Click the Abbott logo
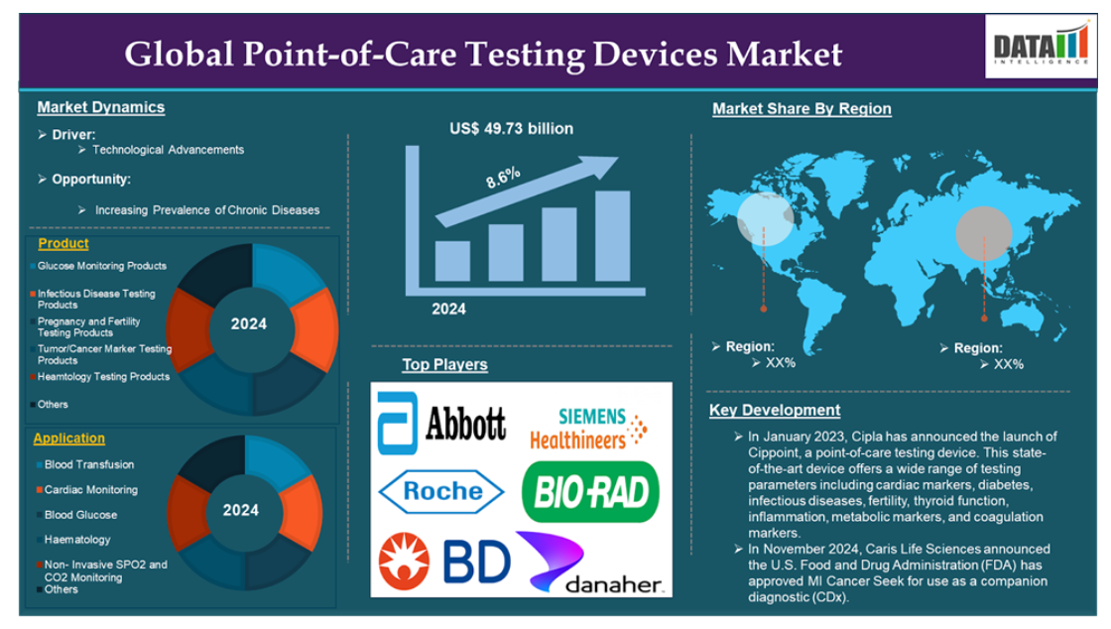[442, 423]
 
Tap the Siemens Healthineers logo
[589, 429]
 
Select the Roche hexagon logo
[441, 491]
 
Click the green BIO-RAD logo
[590, 491]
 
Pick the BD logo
[444, 562]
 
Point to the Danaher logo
[590, 563]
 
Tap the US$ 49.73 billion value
[512, 129]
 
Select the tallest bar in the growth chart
[612, 236]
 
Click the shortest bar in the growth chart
[452, 261]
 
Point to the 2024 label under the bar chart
[449, 309]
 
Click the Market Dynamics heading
[100, 107]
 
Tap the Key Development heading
[775, 410]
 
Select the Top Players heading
[445, 365]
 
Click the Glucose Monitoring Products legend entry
[99, 266]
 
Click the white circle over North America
[765, 219]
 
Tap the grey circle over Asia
[984, 234]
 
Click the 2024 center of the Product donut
[249, 324]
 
